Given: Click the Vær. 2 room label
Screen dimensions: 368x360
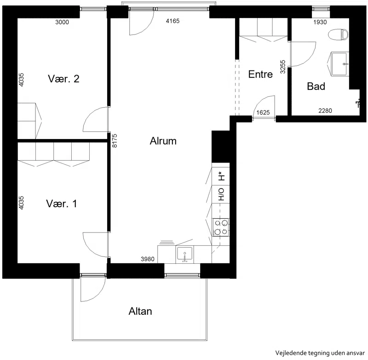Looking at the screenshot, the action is point(63,79).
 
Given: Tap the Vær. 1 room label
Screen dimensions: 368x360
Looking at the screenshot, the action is point(62,203).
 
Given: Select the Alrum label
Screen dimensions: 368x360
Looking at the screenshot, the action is point(163,141).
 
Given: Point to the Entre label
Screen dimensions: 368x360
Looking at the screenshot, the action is point(260,74).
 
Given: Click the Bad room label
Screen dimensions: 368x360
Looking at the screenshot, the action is point(316,86).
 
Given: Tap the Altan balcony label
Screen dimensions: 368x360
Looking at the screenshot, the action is point(140,311).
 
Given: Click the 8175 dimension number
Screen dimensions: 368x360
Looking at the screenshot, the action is point(115,141).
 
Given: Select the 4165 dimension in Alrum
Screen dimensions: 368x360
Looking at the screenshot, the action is point(173,21).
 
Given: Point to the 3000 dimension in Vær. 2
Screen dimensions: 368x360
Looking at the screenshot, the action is point(62,22).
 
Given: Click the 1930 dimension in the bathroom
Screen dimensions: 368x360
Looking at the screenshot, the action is point(320,22).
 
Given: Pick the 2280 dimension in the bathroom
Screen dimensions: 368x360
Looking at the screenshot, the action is point(325,110).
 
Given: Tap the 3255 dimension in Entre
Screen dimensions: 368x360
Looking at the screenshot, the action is point(283,67).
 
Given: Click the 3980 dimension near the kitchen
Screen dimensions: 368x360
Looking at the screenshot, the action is point(148,259).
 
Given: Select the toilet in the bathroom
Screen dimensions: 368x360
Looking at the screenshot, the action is point(339,35).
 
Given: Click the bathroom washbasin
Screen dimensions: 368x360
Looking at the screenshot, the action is point(339,64).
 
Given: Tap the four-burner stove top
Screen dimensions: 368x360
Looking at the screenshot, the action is point(221,227).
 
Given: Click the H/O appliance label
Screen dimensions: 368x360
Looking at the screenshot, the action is point(221,194).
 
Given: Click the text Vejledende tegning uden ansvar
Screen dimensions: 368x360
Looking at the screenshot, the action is point(320,353).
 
